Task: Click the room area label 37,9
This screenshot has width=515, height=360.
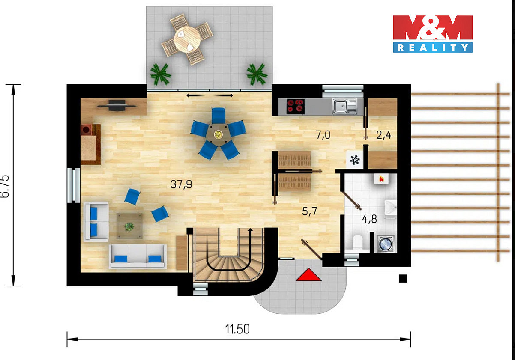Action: click(x=181, y=184)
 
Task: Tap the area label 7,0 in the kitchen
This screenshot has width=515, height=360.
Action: click(x=323, y=135)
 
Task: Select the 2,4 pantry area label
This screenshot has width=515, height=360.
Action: click(x=383, y=135)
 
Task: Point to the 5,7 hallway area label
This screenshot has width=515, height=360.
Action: click(x=309, y=211)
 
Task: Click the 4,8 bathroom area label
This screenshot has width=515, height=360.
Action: click(x=369, y=219)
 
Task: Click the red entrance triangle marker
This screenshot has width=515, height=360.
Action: click(x=308, y=274)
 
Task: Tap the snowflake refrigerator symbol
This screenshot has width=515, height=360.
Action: click(x=355, y=160)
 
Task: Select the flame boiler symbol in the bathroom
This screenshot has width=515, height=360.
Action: click(x=381, y=179)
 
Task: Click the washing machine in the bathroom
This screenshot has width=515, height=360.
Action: click(x=385, y=244)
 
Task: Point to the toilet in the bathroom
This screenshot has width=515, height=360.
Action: click(x=357, y=242)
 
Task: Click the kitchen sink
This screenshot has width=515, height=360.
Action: click(x=345, y=106)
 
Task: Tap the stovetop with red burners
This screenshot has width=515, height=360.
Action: click(x=296, y=106)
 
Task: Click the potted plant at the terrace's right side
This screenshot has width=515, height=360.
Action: click(x=257, y=74)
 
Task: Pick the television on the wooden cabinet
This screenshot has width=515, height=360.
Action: click(x=117, y=106)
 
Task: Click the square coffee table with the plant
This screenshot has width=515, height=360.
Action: click(x=129, y=226)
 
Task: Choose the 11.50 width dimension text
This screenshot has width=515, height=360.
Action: click(x=237, y=329)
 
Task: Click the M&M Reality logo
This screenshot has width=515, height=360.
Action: click(x=433, y=34)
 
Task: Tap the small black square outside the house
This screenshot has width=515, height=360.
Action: click(x=403, y=278)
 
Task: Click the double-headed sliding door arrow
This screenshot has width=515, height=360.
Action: click(x=210, y=95)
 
